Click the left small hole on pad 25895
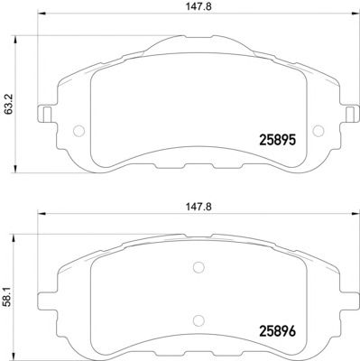tap(78, 130)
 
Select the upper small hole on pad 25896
tap(199, 267)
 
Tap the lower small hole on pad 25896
tap(199, 317)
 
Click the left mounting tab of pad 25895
tap(42, 116)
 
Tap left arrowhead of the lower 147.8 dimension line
tap(40, 218)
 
